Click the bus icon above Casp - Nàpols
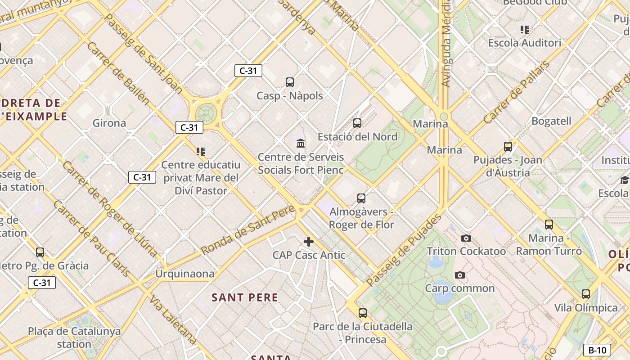point(290,82)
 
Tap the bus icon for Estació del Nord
point(357,123)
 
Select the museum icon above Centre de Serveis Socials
point(301,144)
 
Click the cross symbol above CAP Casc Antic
point(309,242)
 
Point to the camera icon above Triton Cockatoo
point(466,238)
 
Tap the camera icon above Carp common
point(459,275)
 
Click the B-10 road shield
point(598,350)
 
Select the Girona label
point(109,123)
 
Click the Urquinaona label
point(185,274)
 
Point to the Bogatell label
point(551,121)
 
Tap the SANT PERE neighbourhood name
point(245,297)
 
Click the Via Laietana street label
point(174,320)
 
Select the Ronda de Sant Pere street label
point(247,229)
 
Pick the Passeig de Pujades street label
point(404,250)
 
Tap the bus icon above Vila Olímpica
point(586,294)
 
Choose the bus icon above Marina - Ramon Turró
point(549,225)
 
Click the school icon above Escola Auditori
point(525,30)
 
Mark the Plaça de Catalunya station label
point(74,337)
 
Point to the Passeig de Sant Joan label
point(143,54)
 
